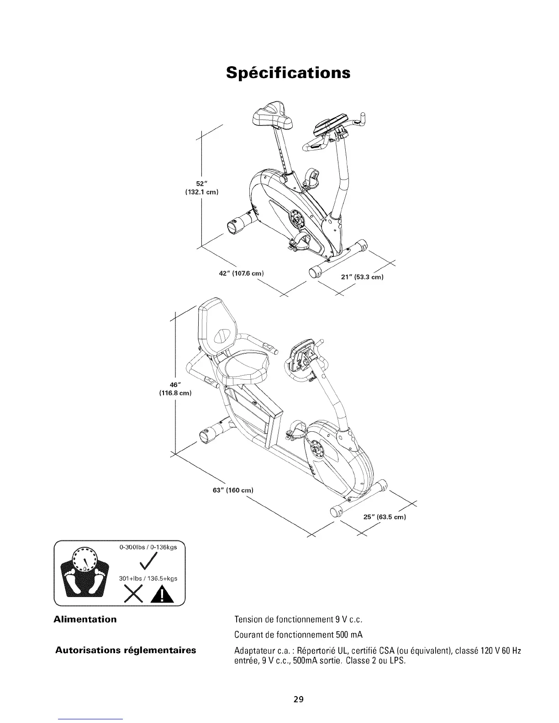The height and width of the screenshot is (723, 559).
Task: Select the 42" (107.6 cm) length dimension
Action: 242,273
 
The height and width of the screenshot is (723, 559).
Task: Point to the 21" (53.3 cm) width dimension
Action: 362,277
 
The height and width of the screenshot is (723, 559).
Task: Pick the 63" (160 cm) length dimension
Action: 233,490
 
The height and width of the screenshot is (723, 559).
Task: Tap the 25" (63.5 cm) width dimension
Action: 384,517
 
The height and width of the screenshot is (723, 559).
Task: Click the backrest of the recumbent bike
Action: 218,325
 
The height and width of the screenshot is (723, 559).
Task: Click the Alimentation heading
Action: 85,619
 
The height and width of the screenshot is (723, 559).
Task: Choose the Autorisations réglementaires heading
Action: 126,650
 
